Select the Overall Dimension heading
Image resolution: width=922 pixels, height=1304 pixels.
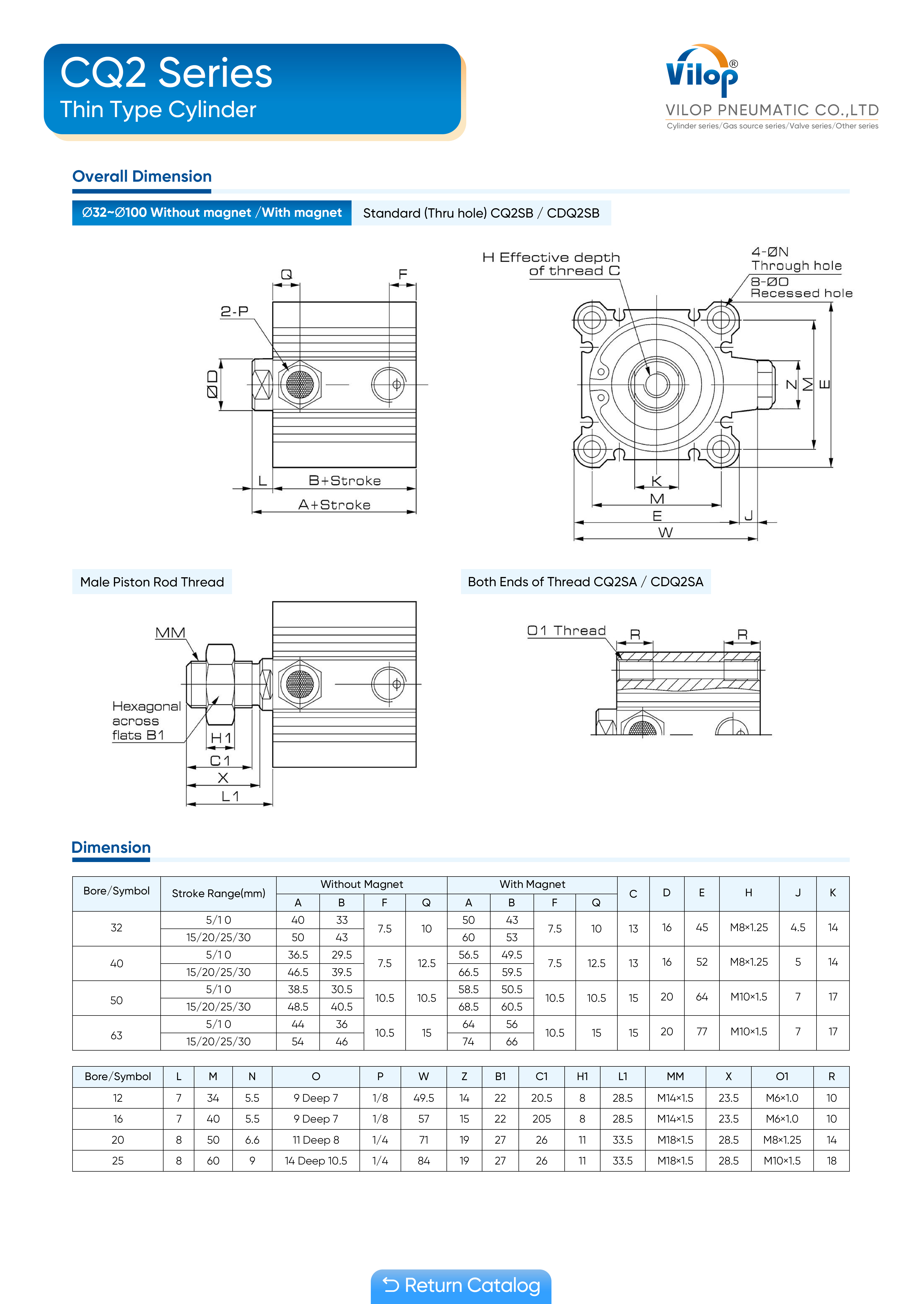point(142,177)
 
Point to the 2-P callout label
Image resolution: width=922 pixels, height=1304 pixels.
point(234,311)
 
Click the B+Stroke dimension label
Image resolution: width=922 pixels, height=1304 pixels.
point(344,480)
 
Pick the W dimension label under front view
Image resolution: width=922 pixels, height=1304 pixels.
point(665,532)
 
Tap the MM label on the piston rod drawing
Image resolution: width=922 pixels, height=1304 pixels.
point(170,633)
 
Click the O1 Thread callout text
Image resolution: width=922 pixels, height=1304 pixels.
point(566,631)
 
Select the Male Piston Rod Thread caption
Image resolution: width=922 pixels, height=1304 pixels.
point(152,582)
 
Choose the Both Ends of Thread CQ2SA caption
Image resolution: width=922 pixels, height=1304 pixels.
point(585,582)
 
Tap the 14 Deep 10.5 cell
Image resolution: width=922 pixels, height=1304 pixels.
point(316,1161)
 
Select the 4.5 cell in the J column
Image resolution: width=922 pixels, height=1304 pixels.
point(798,927)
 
